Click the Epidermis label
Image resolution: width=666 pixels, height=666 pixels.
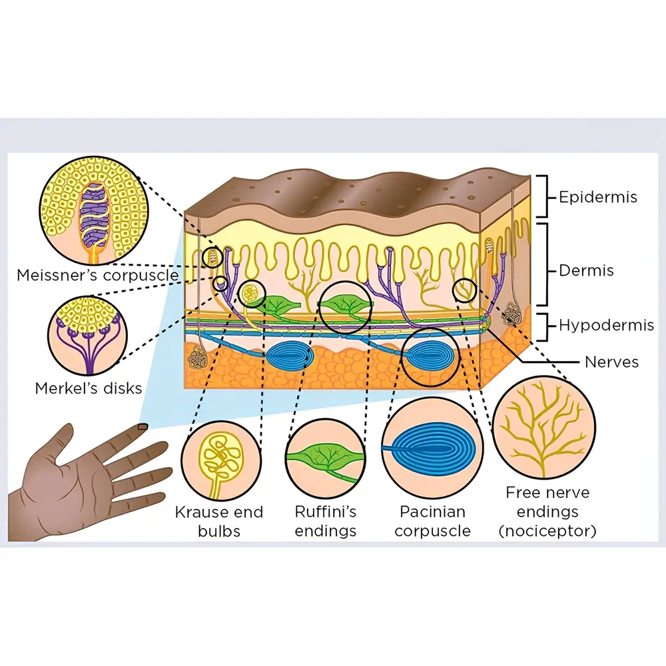(x=597, y=197)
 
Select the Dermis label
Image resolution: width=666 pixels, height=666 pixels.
(x=586, y=271)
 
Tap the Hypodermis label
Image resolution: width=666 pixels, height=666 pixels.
(x=598, y=326)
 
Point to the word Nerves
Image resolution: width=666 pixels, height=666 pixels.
(x=611, y=362)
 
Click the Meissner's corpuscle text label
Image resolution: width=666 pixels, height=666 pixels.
(x=97, y=274)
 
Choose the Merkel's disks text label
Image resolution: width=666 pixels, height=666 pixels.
(x=89, y=388)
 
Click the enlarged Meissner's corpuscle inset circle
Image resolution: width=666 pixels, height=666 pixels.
(x=93, y=209)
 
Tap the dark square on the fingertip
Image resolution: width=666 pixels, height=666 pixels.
(x=142, y=428)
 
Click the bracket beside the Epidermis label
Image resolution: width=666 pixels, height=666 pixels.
(x=543, y=196)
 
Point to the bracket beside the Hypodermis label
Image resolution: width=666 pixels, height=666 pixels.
(x=549, y=326)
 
